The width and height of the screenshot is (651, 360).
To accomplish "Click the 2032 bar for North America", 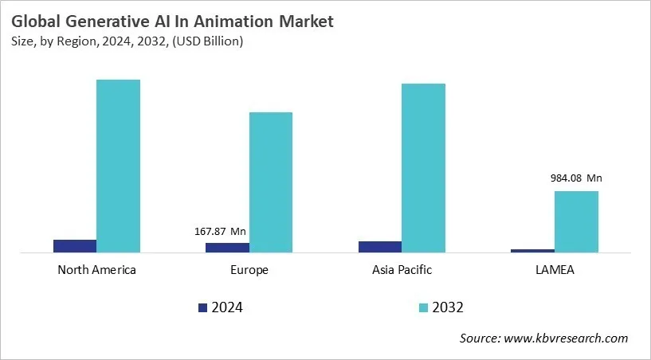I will point(118,166).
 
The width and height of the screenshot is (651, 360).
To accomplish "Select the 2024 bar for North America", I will point(75,246).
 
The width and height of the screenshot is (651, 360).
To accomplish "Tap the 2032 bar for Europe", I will point(271,182).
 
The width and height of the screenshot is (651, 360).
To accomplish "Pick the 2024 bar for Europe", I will point(227,248).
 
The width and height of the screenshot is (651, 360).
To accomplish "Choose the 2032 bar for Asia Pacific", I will point(423,168).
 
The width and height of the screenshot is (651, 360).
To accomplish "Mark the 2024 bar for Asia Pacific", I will point(380,247).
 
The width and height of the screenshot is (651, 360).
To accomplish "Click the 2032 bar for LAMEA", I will point(576,221).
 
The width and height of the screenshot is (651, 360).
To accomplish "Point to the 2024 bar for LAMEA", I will point(532,251).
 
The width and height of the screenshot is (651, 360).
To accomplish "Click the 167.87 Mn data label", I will point(220,232).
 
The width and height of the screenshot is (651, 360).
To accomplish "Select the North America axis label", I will point(96,270).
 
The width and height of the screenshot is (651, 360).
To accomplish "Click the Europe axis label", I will point(249,270).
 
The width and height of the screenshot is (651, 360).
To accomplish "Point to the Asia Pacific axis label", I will point(402,270).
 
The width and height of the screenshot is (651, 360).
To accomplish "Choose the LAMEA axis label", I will point(555,270).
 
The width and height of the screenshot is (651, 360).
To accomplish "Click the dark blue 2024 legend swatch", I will point(202,307).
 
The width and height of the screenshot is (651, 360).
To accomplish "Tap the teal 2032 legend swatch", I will point(422,307).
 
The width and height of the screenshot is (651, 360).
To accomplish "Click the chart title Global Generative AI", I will point(173,22).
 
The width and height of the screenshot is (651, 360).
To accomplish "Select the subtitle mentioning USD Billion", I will point(127,41).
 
